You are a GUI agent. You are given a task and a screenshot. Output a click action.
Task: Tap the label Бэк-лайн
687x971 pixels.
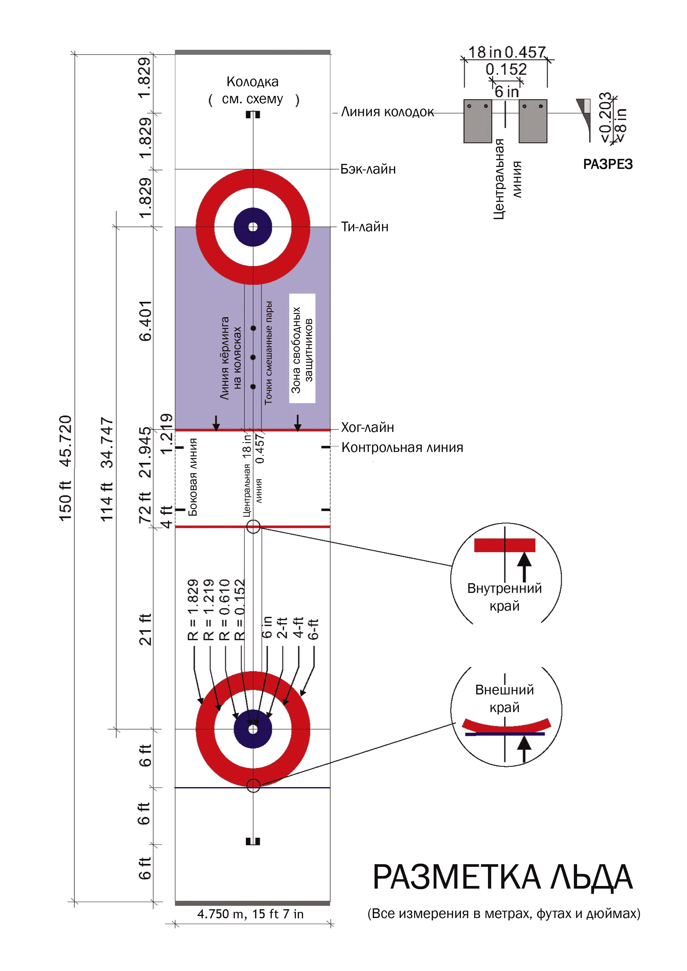click(x=368, y=169)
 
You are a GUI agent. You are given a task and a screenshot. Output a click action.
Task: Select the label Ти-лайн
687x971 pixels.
click(x=365, y=227)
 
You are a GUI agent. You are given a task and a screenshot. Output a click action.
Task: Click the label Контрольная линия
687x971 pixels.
click(x=402, y=447)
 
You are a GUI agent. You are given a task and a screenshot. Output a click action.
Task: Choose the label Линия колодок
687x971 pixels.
click(x=387, y=112)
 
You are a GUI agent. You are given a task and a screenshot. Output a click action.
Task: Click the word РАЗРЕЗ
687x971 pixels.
click(x=607, y=164)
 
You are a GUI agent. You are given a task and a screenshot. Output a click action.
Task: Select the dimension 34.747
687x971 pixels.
click(x=107, y=443)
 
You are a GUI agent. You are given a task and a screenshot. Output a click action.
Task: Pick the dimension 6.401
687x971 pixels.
click(x=145, y=321)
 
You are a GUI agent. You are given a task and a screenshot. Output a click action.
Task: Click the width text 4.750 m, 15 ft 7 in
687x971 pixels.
click(x=250, y=914)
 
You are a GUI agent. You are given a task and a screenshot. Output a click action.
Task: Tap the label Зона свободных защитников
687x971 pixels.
click(x=302, y=348)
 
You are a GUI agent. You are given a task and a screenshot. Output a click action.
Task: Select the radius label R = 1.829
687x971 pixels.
click(x=193, y=609)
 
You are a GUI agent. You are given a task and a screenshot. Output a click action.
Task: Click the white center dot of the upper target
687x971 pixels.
click(x=253, y=227)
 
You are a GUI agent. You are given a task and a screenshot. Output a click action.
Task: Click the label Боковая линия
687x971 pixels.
click(x=193, y=477)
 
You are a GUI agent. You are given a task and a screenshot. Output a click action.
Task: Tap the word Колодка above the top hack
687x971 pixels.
click(x=253, y=82)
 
